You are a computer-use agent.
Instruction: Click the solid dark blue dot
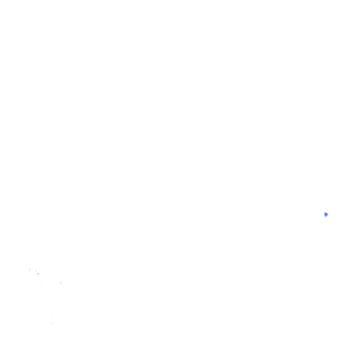[x=326, y=214]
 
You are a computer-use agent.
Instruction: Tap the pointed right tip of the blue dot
[x=328, y=214]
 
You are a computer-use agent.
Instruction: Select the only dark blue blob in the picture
[x=326, y=214]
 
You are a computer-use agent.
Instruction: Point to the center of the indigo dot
[x=326, y=214]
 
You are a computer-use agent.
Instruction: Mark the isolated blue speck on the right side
[x=326, y=214]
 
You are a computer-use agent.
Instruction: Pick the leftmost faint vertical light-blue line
[x=29, y=270]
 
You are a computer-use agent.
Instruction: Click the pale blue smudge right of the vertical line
[x=37, y=274]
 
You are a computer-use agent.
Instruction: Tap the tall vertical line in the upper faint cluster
[x=29, y=270]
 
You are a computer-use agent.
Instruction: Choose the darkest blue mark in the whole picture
[x=326, y=214]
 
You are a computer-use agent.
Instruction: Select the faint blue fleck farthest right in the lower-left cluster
[x=66, y=278]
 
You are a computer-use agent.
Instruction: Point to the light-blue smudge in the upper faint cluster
[x=37, y=274]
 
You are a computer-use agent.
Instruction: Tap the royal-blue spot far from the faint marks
[x=326, y=214]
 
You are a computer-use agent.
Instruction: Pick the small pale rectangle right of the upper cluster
[x=60, y=283]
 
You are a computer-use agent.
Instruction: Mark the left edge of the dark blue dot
[x=324, y=214]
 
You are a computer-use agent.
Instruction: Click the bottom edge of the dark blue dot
[x=326, y=217]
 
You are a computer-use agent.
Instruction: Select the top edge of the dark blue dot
[x=326, y=212]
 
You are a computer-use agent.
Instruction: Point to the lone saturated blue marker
[x=326, y=214]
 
